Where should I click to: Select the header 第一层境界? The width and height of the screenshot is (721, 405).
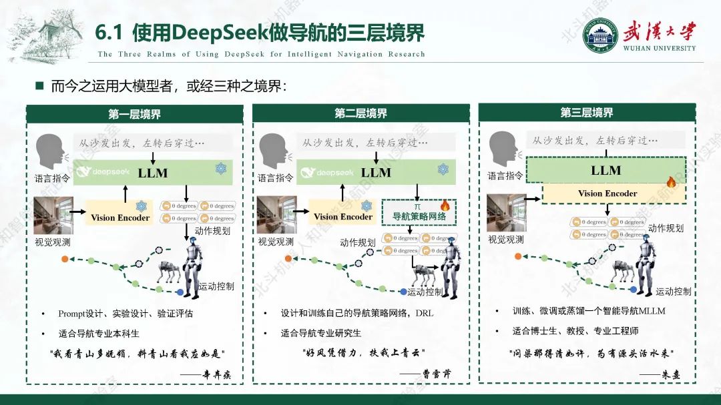click(135, 114)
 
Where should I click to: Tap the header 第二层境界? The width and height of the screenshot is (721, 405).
click(360, 113)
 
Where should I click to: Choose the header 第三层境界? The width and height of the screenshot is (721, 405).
click(587, 113)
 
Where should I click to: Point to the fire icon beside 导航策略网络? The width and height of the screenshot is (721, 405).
click(445, 205)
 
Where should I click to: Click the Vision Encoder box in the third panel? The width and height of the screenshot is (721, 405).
click(608, 193)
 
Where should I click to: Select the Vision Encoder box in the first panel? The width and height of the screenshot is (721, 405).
click(120, 217)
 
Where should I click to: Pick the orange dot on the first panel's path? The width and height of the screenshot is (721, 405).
click(64, 258)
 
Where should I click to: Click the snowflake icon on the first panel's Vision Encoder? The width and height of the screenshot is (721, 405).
click(141, 206)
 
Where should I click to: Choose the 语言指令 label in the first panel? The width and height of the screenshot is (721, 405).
click(52, 178)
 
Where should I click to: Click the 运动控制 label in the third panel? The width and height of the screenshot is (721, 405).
click(673, 292)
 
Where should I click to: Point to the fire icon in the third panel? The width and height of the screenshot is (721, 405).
click(672, 181)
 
